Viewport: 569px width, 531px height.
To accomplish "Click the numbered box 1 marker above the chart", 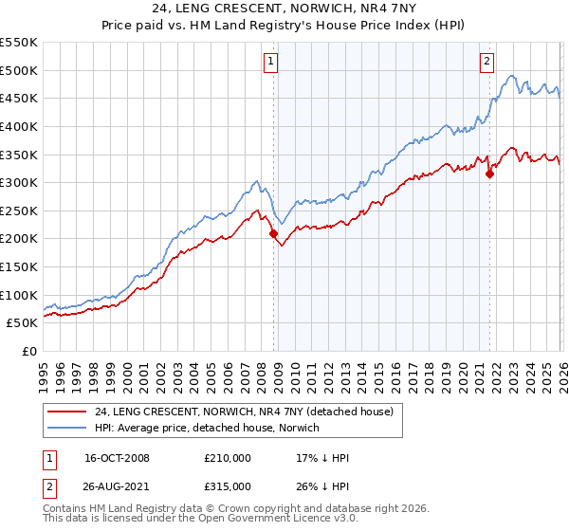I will pos(270,62).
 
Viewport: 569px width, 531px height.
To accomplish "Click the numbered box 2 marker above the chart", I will pos(486,62).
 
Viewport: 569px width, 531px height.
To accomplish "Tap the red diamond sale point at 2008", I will pos(274,233).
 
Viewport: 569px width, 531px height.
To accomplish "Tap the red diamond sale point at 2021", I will pos(490,174).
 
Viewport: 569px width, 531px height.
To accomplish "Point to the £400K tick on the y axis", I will pos(19,126).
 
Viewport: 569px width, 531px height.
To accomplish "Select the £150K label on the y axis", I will pos(19,267).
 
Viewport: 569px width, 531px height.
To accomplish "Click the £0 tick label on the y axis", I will pos(29,352).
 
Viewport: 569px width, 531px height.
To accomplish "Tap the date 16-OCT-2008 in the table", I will pos(118,458).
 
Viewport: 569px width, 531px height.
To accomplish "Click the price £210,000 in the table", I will pos(228,458).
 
